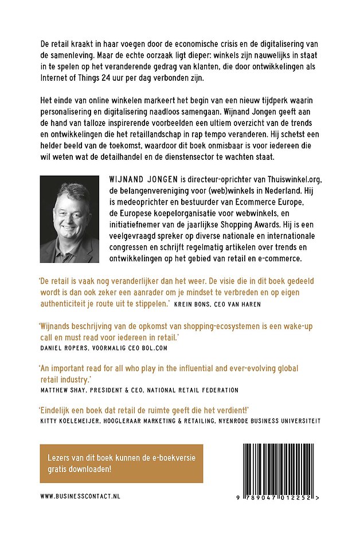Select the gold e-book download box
point(122,463)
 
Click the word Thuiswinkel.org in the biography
point(281,179)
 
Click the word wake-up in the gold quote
point(294,327)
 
